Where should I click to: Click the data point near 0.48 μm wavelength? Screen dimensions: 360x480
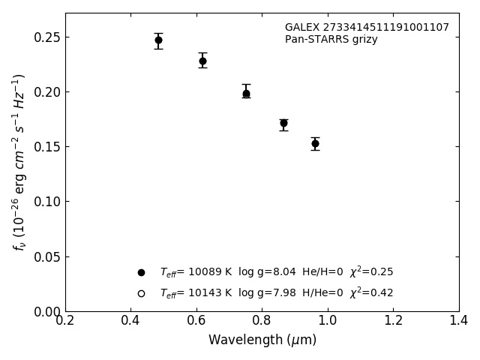point(158,40)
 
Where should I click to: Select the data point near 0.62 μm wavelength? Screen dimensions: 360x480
point(202,61)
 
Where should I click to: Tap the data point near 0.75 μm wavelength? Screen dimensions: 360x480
point(246,94)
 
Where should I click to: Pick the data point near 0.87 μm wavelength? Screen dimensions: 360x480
point(283,123)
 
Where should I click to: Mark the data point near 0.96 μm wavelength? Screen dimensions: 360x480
point(315,143)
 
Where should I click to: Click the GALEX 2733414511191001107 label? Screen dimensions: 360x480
point(367,28)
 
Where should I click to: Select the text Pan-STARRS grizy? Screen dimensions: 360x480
point(331,40)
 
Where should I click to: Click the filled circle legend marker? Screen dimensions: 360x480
point(141,272)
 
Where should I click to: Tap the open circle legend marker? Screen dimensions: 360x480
point(141,293)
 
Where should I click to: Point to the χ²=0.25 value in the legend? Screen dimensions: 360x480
point(371,271)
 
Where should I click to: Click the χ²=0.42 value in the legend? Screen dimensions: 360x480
point(371,292)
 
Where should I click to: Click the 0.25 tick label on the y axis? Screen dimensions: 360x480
point(46,37)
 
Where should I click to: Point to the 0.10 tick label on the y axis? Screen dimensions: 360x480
point(46,202)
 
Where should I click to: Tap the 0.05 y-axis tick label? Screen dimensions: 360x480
point(46,257)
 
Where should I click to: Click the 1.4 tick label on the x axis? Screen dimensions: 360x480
point(458,320)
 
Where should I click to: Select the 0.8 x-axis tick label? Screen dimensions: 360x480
point(262,320)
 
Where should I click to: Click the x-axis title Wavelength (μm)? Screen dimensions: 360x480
point(262,340)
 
